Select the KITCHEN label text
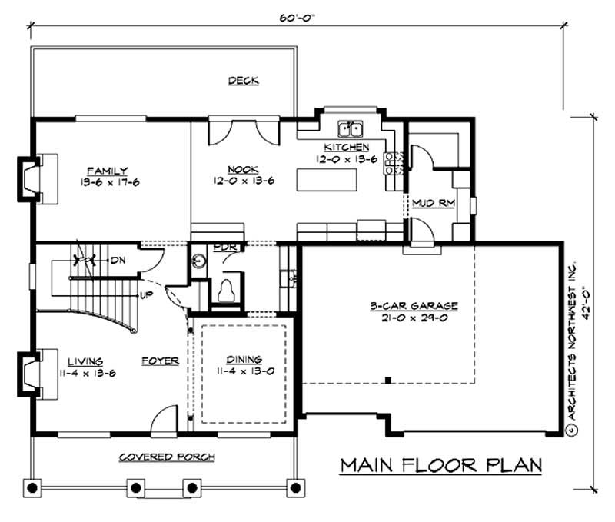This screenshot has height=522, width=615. point(346,147)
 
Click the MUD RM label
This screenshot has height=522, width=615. point(430,204)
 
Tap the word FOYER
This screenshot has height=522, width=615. point(160,360)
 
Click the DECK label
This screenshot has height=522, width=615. point(243,81)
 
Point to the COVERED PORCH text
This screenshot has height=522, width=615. point(167,457)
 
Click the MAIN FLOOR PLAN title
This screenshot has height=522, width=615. point(441,465)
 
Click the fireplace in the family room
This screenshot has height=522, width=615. point(32,178)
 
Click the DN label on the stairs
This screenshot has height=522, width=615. point(118,261)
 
